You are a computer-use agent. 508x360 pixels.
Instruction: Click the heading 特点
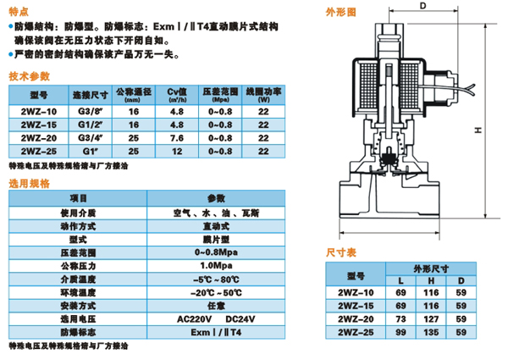click(x=19, y=12)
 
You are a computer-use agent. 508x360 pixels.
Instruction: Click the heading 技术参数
click(x=29, y=76)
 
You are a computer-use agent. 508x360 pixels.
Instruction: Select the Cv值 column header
click(x=177, y=95)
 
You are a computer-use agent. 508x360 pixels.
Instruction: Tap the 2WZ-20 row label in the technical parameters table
click(x=39, y=138)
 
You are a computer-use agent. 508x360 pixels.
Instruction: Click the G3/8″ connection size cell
click(x=91, y=112)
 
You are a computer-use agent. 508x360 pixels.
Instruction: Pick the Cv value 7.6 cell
click(x=177, y=138)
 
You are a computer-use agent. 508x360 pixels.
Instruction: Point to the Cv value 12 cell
click(x=177, y=152)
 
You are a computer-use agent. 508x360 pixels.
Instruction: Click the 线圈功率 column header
click(x=263, y=95)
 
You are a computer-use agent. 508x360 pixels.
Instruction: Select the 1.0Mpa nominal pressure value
click(x=216, y=266)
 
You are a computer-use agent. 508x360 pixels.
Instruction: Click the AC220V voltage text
click(x=195, y=319)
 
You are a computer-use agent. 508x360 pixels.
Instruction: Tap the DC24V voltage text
click(x=240, y=319)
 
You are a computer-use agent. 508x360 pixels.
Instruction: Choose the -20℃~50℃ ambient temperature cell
click(x=216, y=292)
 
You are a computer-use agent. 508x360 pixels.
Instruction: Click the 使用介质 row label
click(x=78, y=213)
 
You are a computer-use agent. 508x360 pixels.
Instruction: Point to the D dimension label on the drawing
click(x=422, y=6)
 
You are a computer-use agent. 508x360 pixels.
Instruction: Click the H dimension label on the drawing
click(x=478, y=130)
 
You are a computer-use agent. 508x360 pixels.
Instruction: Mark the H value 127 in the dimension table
click(x=431, y=319)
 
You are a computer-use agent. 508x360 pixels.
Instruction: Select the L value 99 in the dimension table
click(x=400, y=332)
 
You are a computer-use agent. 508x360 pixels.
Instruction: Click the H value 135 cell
click(x=431, y=332)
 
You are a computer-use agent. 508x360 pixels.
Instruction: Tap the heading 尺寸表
click(x=341, y=252)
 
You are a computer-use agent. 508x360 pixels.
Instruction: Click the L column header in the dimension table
click(x=400, y=280)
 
